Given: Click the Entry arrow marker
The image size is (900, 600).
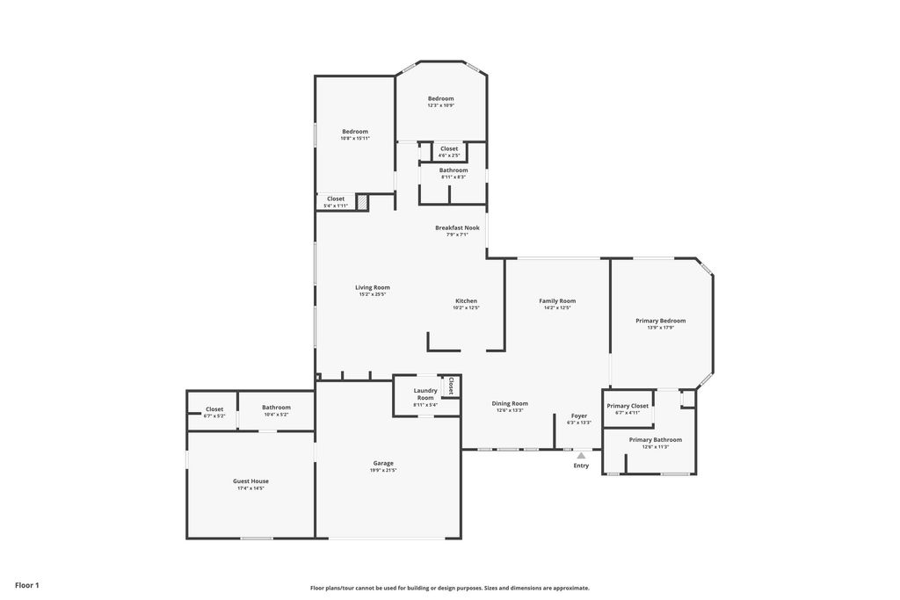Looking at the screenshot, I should pos(581,455).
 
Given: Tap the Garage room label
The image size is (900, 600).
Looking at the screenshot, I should pos(383,463).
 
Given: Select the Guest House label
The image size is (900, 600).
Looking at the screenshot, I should pos(250,481).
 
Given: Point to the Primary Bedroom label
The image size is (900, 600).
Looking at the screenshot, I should pos(660,321).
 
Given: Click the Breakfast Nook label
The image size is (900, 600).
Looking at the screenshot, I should pos(457,228).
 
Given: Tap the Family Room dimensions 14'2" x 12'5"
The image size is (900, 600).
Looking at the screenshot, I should pos(557,308).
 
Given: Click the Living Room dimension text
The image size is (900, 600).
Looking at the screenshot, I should pos(373,294).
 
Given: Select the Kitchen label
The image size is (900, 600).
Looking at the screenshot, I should pos(466,300).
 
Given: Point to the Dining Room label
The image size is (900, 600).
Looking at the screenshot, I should pos(510,403).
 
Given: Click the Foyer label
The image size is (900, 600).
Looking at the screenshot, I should pos(579,416).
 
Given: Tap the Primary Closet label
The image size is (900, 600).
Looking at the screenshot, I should pos(628,406).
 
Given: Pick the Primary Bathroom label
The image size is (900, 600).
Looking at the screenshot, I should pos(655,439).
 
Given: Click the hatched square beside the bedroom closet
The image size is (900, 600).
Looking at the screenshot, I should pos(361,203).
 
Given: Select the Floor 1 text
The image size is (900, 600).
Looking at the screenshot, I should pos(27,585).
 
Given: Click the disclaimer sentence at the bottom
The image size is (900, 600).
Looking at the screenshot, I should pos(449,589).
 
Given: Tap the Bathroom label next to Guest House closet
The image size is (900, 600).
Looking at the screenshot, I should pos(276,408).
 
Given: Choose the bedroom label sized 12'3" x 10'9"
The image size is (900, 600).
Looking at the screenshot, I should pos(441,98).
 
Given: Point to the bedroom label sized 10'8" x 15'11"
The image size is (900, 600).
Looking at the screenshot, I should pos(355,131).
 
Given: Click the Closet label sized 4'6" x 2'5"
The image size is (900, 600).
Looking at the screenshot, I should pos(449,148).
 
